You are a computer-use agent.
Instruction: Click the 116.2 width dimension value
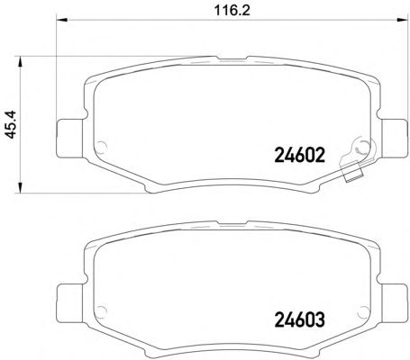coord(232,11)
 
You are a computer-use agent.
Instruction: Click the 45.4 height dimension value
coord(11,124)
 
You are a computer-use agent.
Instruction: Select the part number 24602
coord(300,155)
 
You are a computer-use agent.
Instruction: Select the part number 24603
coord(300,319)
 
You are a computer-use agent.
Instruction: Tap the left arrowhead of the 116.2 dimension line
coord(62,20)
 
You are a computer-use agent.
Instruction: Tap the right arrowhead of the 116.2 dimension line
coord(401,20)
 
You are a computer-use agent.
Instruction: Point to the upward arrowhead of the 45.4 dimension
coord(20,62)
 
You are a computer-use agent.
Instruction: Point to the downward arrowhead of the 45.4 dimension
coord(20,187)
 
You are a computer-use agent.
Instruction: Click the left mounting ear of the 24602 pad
coord(69,138)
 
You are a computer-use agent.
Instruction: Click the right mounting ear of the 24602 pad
coord(394,138)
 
